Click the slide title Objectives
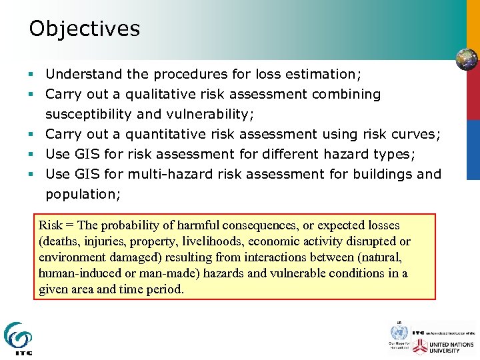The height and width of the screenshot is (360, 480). click(85, 29)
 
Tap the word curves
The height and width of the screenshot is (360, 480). click(415, 134)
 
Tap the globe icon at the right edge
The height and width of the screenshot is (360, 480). click(467, 59)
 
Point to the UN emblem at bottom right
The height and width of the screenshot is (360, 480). click(399, 333)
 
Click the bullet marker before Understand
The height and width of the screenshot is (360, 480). click(32, 74)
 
